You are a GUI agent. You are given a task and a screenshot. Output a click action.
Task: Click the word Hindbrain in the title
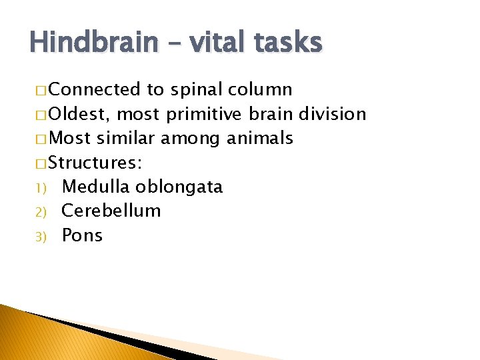tap(93, 43)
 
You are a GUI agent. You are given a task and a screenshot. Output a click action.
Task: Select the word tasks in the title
tap(287, 43)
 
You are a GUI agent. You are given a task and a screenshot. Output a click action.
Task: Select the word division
tap(333, 114)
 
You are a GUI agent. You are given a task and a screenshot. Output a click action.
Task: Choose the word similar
tap(127, 138)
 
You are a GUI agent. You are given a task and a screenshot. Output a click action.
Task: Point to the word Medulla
tap(96, 186)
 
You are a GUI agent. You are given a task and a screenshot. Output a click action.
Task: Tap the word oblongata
tap(179, 187)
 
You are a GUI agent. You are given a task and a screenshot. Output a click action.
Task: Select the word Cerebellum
tap(111, 211)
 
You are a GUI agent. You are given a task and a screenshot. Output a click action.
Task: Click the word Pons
tap(82, 235)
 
